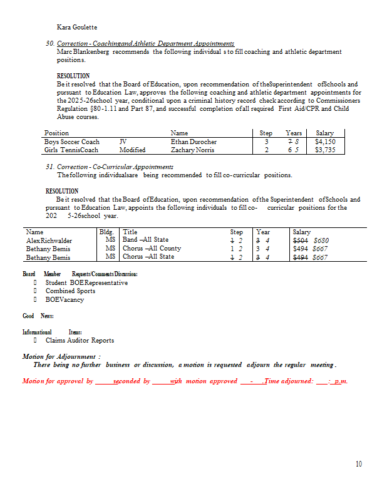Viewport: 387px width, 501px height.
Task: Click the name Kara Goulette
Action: click(x=77, y=27)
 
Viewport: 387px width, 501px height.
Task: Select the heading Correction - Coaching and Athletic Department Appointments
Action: click(x=145, y=43)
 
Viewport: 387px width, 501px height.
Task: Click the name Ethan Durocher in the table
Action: click(x=194, y=142)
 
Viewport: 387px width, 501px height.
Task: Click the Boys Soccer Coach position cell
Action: click(x=72, y=142)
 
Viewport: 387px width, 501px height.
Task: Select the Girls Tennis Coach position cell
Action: click(x=71, y=150)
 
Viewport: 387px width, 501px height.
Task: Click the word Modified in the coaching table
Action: click(x=132, y=150)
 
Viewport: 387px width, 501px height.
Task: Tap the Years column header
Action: click(x=294, y=133)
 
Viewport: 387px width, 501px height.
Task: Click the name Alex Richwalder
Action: click(x=49, y=240)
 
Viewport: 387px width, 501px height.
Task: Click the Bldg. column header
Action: click(x=107, y=232)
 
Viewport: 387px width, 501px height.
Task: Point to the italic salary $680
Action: click(x=321, y=240)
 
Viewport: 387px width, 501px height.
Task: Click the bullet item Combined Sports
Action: click(x=70, y=291)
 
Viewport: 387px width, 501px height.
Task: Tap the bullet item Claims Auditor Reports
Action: click(x=80, y=340)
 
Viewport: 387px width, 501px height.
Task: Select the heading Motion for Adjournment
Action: click(x=61, y=356)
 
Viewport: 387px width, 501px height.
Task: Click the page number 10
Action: click(x=359, y=464)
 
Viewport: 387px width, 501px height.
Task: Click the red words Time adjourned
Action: click(x=289, y=381)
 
